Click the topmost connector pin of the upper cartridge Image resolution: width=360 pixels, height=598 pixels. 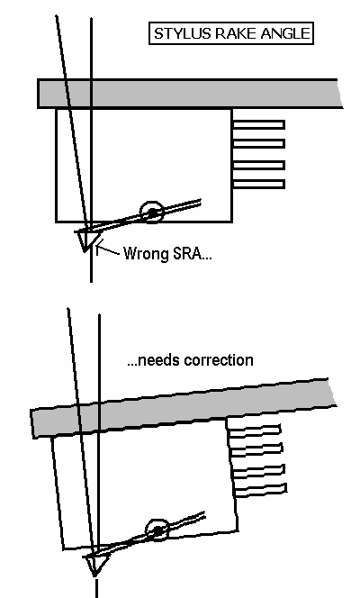pyautogui.click(x=258, y=124)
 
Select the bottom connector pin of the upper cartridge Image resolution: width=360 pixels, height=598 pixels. pyautogui.click(x=258, y=185)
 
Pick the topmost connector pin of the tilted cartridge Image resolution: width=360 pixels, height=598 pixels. pyautogui.click(x=255, y=430)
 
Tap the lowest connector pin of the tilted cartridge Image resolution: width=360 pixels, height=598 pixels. pyautogui.click(x=260, y=490)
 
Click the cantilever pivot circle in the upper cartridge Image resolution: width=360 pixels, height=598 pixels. pyautogui.click(x=151, y=213)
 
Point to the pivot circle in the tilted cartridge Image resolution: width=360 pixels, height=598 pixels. pyautogui.click(x=157, y=530)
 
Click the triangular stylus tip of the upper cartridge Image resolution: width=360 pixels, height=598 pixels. pyautogui.click(x=87, y=240)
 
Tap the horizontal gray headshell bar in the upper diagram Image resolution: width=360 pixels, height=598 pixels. pyautogui.click(x=190, y=94)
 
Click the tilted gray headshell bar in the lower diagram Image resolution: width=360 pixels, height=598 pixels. pyautogui.click(x=183, y=408)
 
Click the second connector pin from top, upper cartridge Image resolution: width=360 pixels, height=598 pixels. pyautogui.click(x=258, y=143)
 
